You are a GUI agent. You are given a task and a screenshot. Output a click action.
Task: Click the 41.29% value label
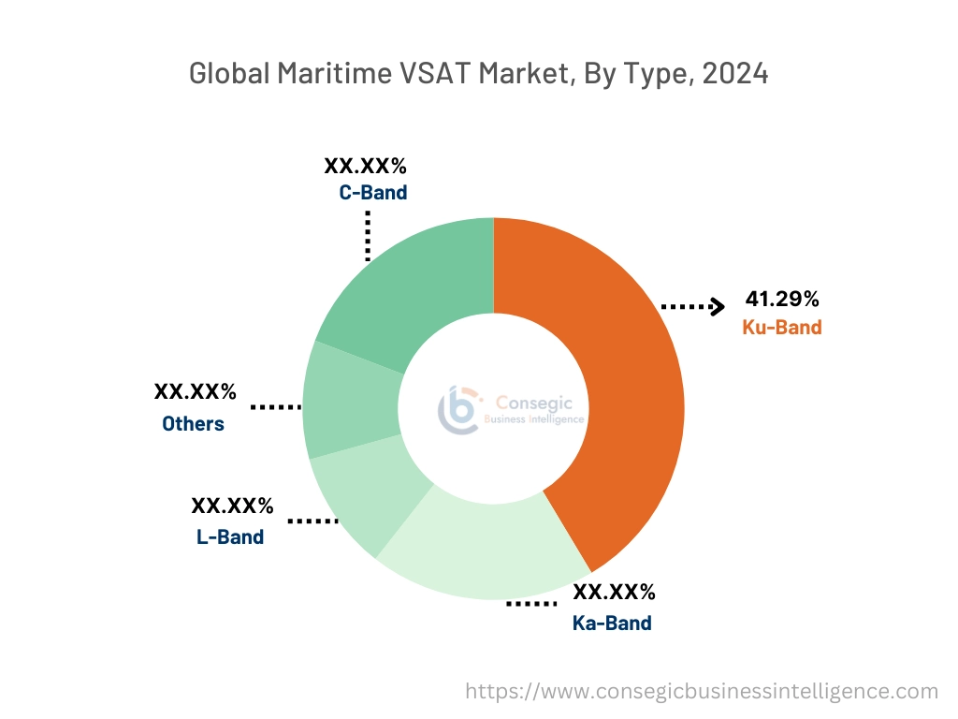[x=782, y=300]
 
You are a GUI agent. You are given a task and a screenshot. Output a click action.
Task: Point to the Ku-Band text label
[x=782, y=328]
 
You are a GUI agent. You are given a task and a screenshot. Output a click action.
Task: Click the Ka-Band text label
[x=612, y=623]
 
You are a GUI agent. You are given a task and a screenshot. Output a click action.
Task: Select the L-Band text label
[x=230, y=536]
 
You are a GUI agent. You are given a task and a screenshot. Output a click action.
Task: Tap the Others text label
[x=193, y=423]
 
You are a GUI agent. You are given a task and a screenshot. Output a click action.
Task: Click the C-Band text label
[x=373, y=194]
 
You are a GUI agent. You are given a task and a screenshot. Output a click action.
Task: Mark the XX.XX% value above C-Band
[x=366, y=167]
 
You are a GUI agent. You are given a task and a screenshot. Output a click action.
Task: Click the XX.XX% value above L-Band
[x=232, y=506]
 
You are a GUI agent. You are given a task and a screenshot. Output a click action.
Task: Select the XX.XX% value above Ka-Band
[x=614, y=592]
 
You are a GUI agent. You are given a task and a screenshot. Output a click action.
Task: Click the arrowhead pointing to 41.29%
[x=718, y=305]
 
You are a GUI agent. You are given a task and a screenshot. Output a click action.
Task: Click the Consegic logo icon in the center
[x=459, y=409]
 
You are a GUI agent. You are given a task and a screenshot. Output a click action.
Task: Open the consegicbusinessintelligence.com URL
[x=702, y=691]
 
